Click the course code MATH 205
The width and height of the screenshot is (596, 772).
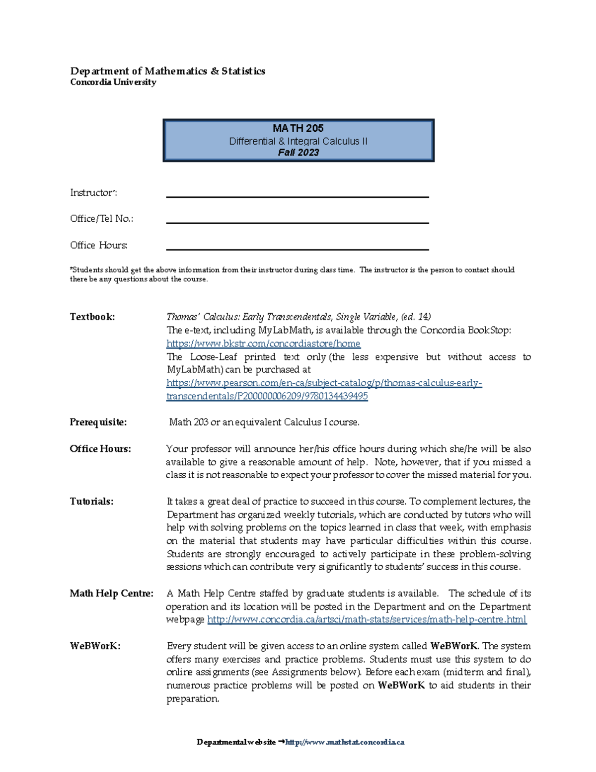[298, 128]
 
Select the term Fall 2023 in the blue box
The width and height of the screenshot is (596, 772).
[298, 153]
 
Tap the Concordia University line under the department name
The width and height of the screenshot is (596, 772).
[113, 82]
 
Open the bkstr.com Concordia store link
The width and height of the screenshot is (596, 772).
[263, 343]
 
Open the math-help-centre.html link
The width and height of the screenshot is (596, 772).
[367, 619]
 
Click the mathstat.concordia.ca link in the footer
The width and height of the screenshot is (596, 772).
[345, 742]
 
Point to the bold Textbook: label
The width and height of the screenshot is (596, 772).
[92, 317]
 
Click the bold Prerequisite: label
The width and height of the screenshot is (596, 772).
[98, 422]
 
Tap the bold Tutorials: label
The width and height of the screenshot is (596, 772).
[91, 501]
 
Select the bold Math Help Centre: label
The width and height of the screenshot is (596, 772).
[111, 593]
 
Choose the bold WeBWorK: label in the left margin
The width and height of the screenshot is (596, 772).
[95, 646]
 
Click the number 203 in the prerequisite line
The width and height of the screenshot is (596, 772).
[201, 422]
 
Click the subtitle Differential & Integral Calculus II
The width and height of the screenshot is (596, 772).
[298, 141]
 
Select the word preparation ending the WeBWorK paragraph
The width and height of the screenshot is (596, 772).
[192, 699]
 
